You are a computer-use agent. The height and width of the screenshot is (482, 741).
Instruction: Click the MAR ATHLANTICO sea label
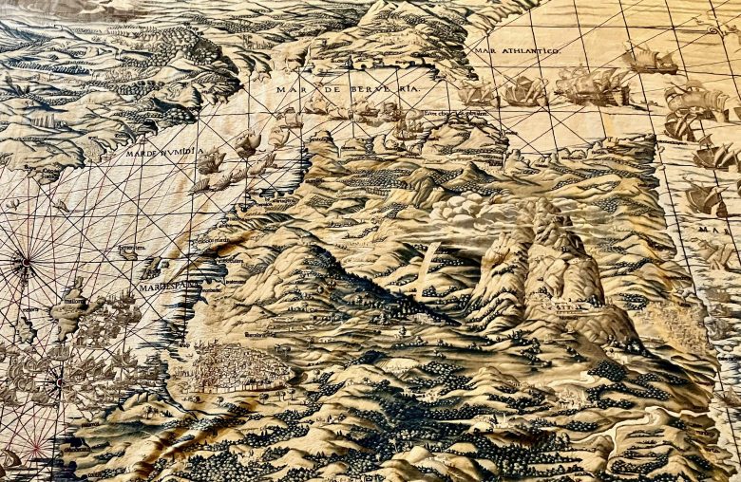pos(517,49)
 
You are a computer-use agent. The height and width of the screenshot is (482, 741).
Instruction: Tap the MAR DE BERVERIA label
pos(347,89)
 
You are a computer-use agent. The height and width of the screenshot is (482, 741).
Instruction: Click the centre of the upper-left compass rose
pos(24,259)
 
